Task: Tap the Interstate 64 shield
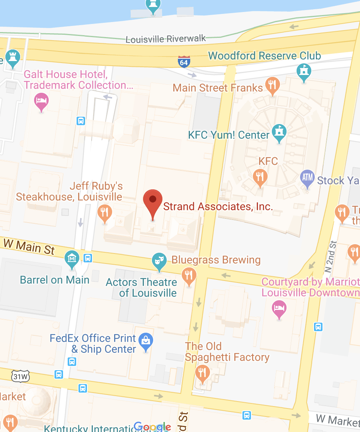pos(184,61)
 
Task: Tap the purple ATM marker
pos(307,178)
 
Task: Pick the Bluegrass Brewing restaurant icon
pos(189,276)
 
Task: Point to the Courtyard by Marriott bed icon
pos(280,308)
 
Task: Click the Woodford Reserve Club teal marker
pos(304,71)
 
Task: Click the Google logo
pos(152,427)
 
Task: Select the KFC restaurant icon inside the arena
pos(260,177)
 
